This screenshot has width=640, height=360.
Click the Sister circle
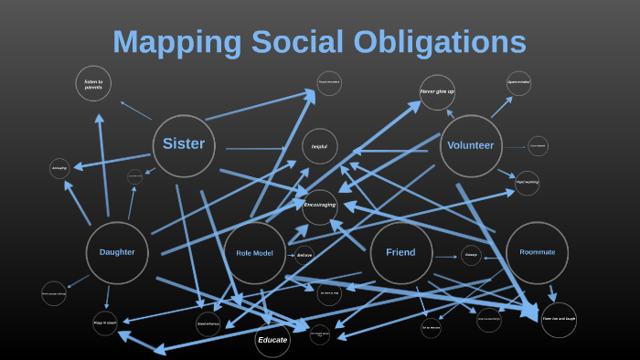(184, 144)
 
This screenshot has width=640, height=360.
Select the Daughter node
(117, 252)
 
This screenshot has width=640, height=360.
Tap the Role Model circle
(255, 253)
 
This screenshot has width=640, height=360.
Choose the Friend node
(400, 252)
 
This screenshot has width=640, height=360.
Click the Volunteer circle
(471, 145)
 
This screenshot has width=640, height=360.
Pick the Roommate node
(537, 252)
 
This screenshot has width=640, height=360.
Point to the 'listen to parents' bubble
(93, 84)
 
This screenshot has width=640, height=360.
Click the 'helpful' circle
(319, 146)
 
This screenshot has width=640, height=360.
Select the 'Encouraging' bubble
(320, 206)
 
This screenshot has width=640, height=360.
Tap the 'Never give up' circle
(437, 92)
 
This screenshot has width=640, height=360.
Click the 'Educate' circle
(272, 340)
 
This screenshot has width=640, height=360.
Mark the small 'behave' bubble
(304, 255)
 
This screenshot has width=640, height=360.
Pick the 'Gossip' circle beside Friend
(471, 256)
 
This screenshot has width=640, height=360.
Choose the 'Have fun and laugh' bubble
(559, 319)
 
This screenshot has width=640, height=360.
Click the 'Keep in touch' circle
(105, 323)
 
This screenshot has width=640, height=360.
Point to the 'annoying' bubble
(59, 169)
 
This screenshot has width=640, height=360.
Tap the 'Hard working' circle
(527, 183)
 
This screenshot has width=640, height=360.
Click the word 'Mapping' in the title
(174, 43)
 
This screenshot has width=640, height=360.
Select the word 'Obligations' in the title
(443, 43)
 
